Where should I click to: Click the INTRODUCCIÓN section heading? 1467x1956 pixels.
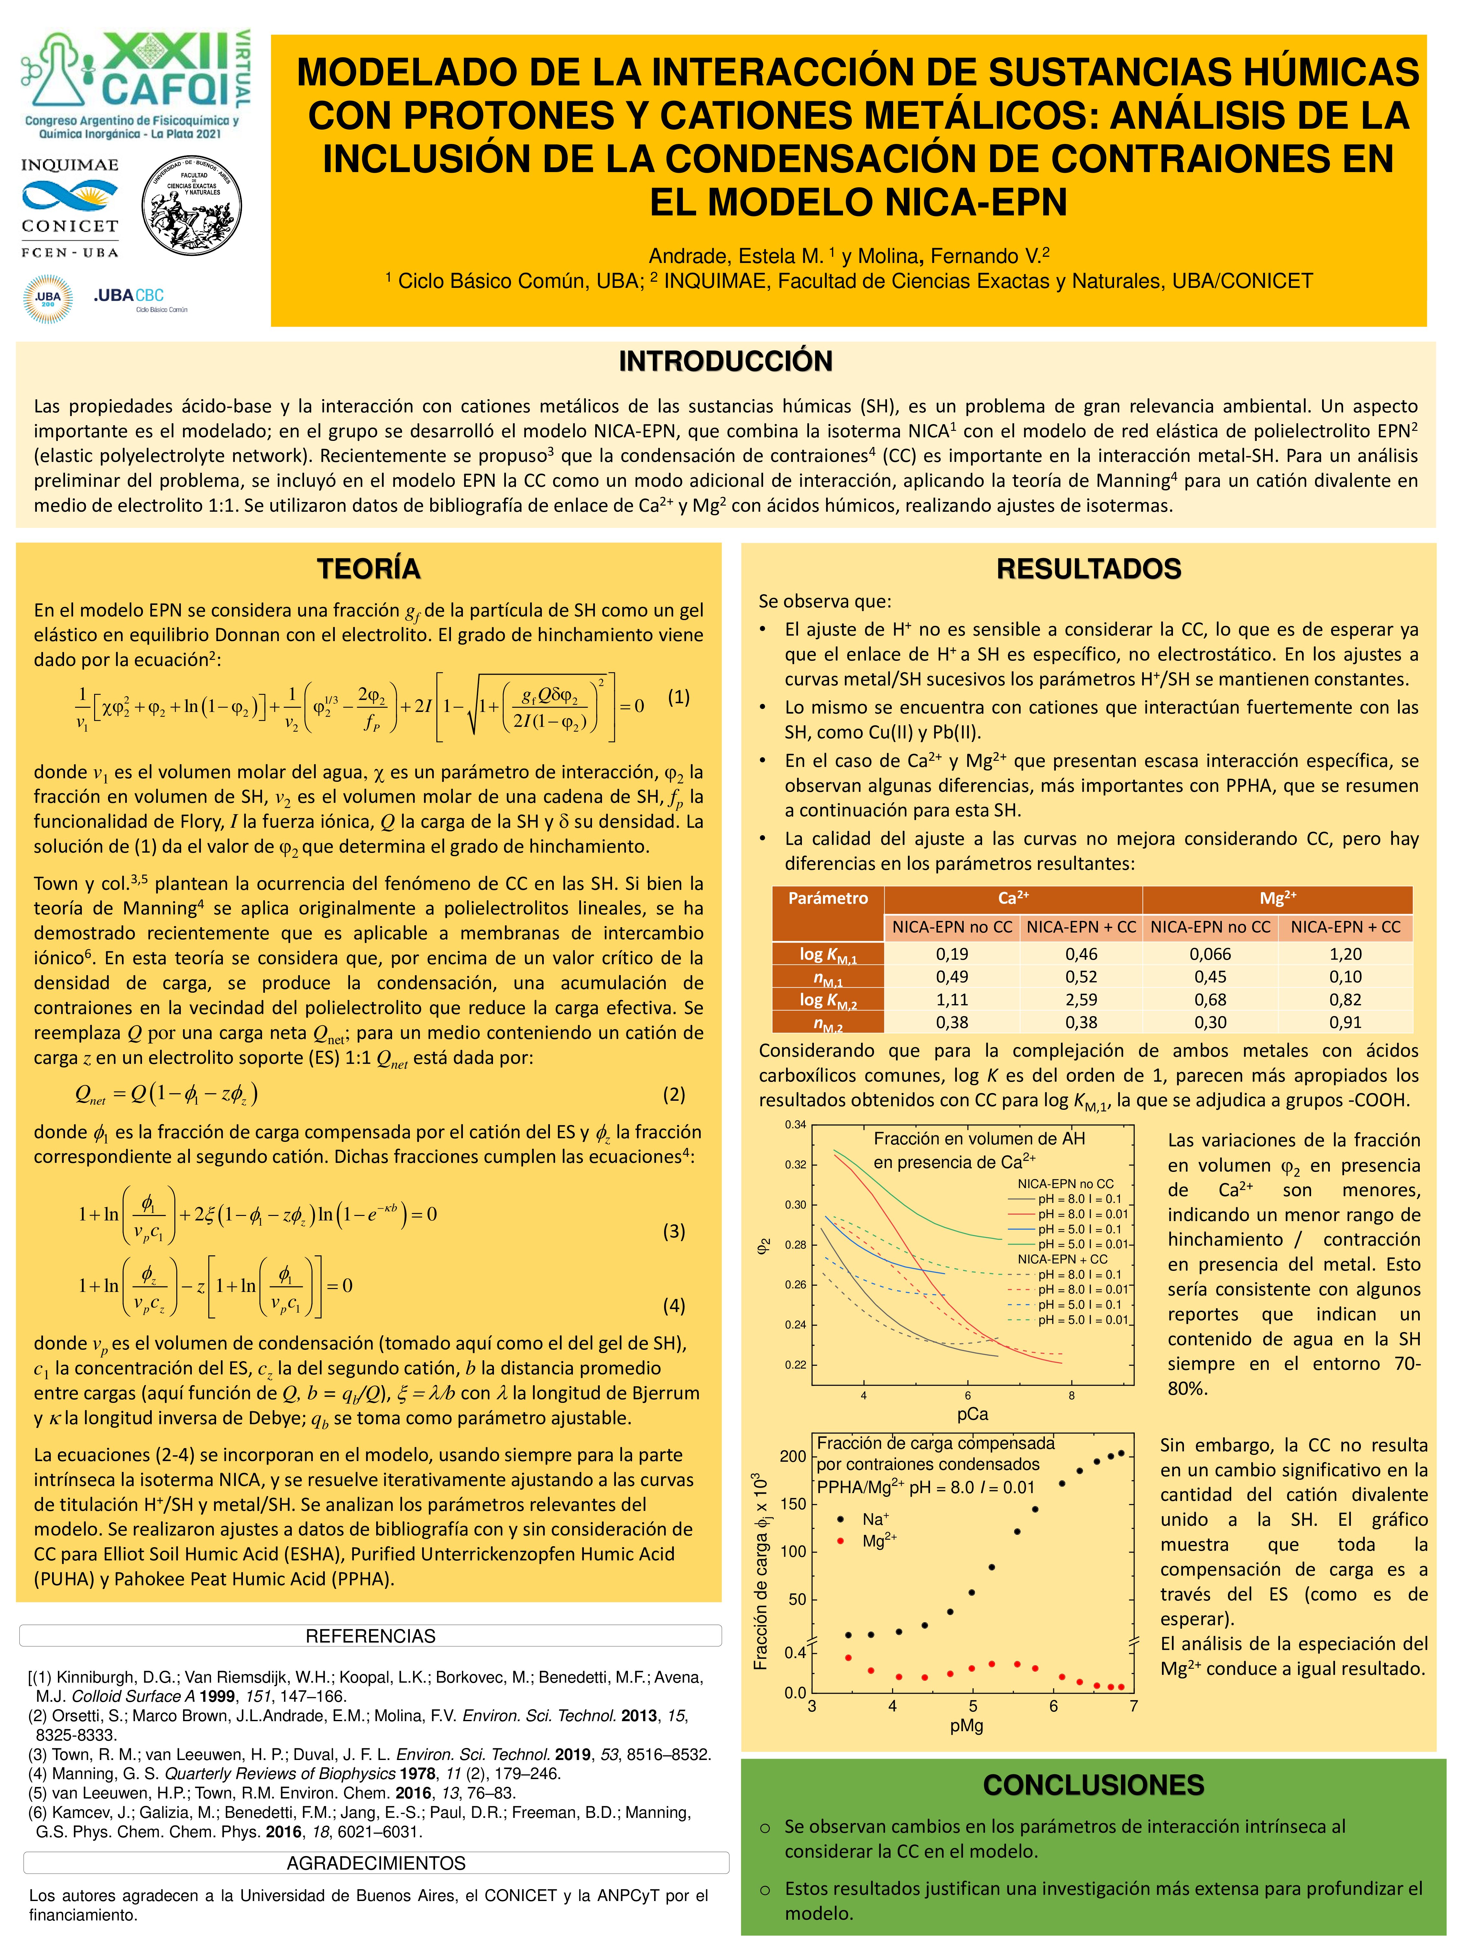(x=725, y=362)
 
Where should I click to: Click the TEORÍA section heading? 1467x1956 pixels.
(x=369, y=569)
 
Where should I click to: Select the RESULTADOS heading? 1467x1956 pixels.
(x=1089, y=569)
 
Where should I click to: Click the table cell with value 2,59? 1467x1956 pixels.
(x=1080, y=999)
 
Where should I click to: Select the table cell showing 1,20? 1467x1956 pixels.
(x=1345, y=953)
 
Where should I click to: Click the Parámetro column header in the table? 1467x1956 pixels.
(x=828, y=898)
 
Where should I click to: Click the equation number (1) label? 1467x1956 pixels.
(x=678, y=697)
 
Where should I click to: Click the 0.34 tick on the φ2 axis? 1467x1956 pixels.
(x=795, y=1125)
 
